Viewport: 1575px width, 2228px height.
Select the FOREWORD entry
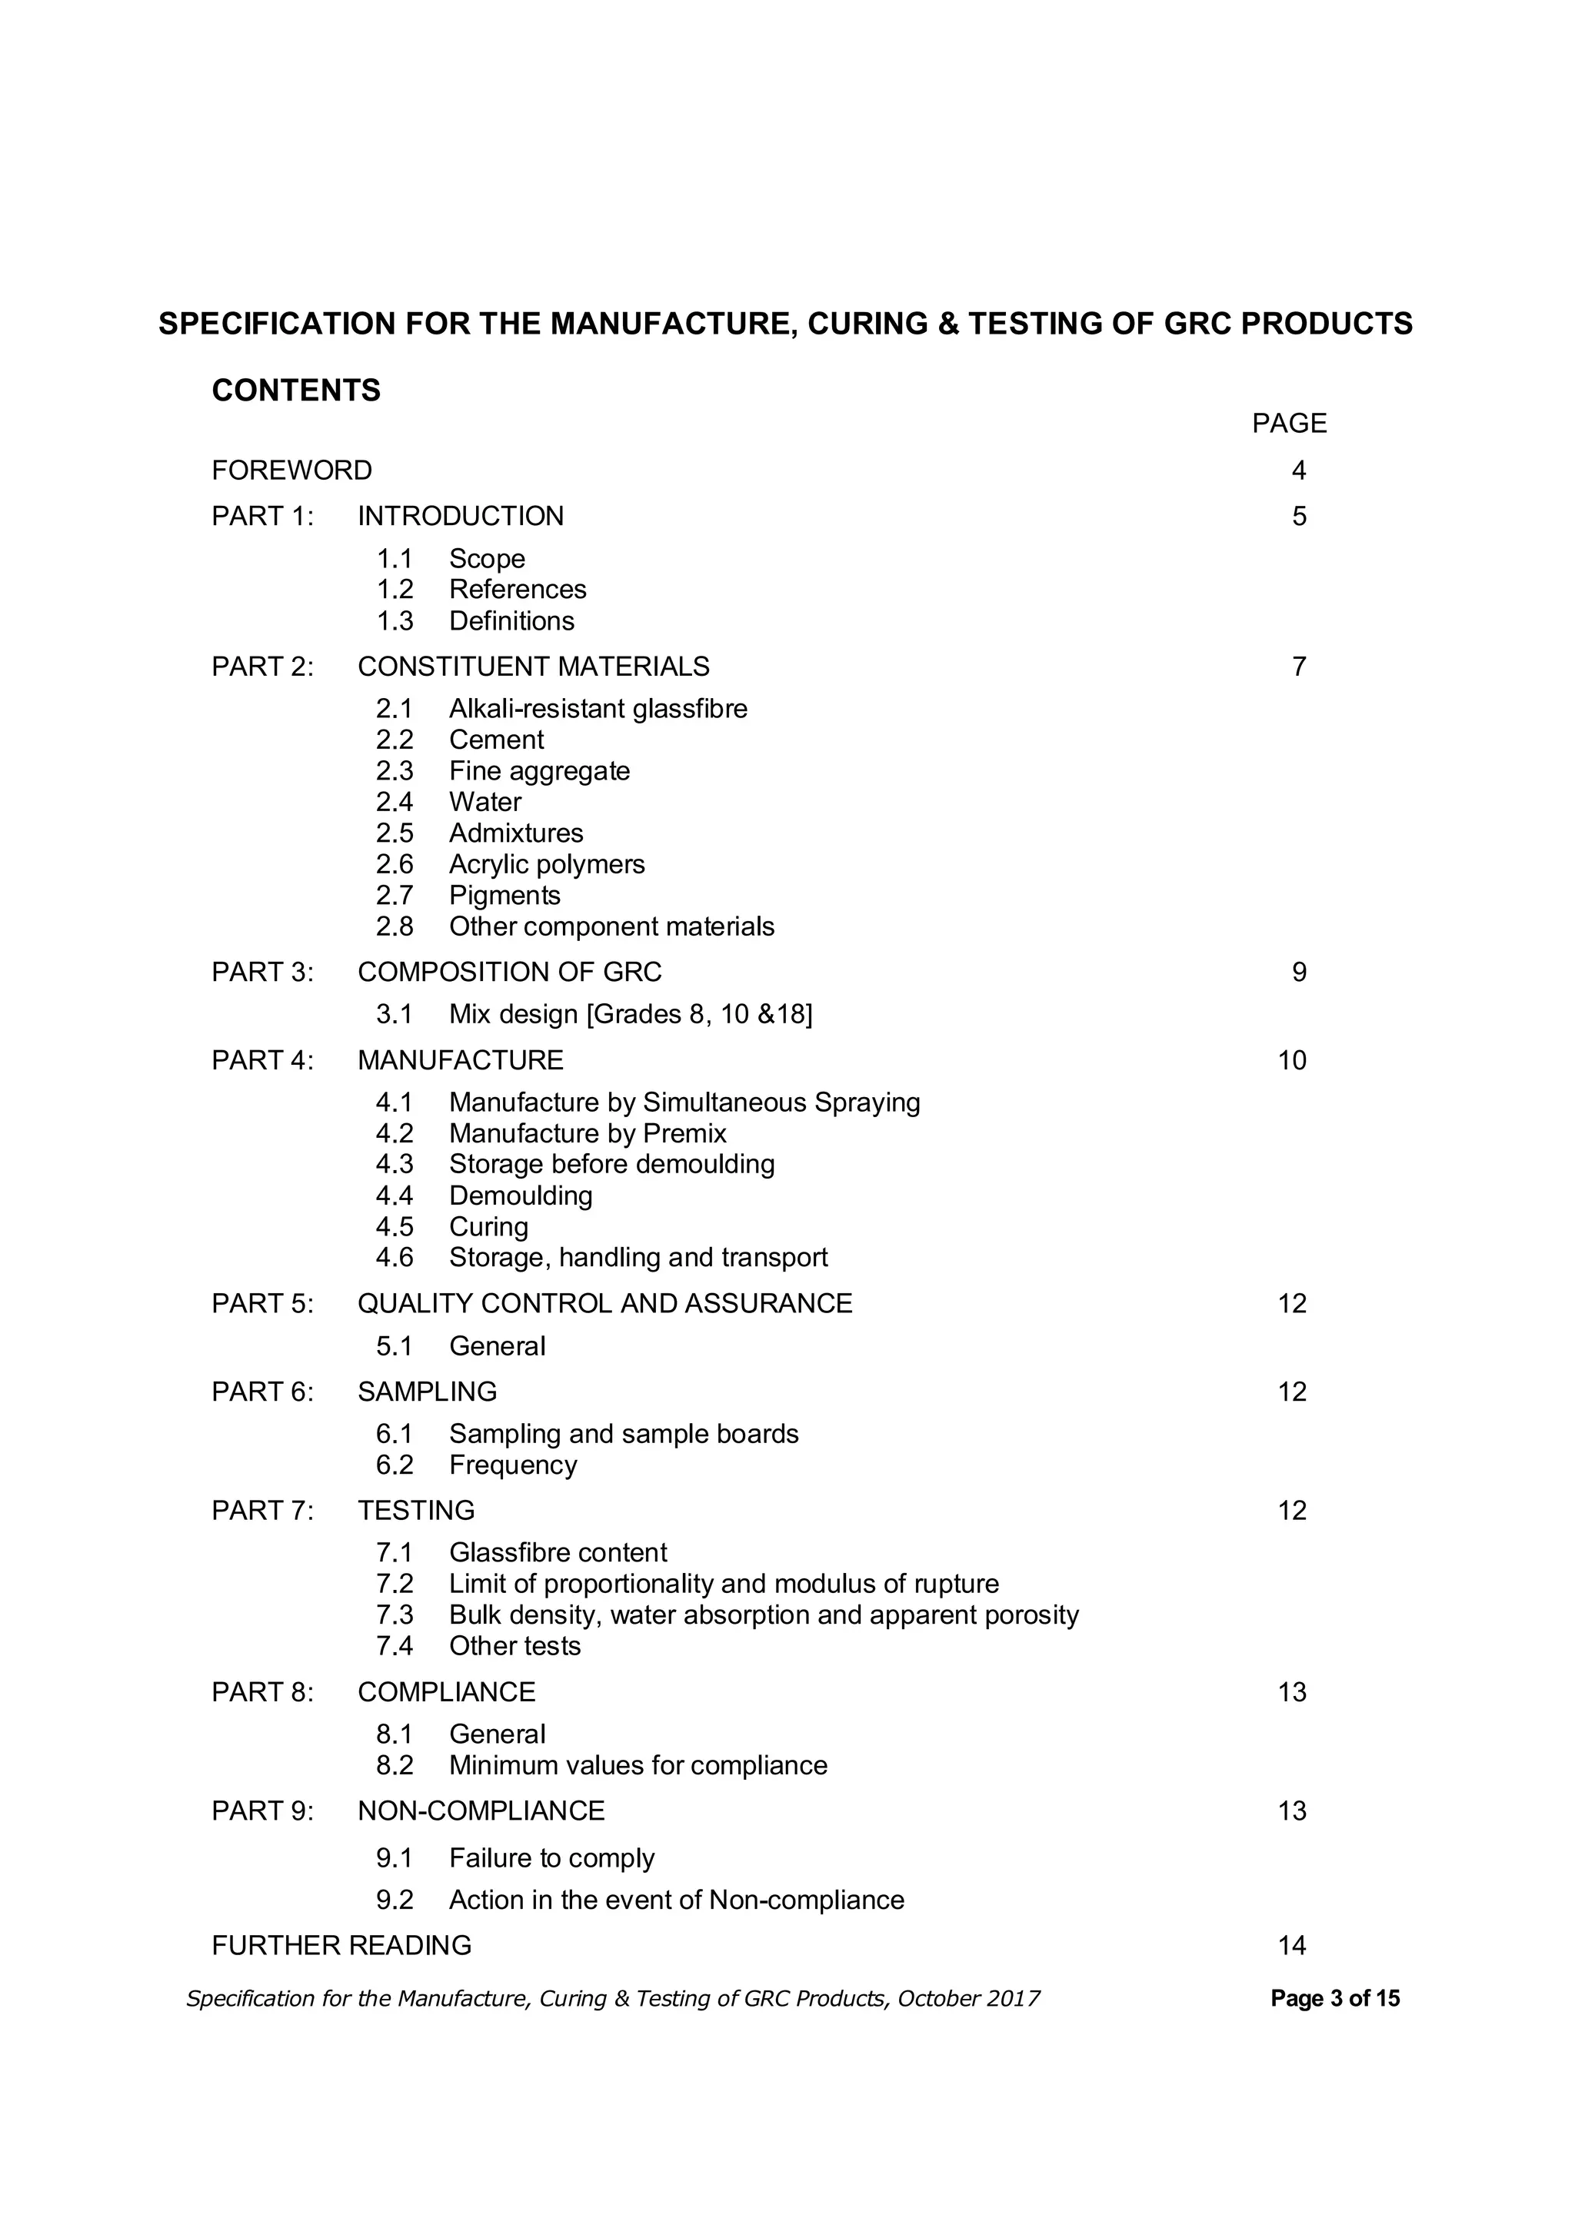[291, 471]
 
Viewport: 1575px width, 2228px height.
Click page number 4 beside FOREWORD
[1298, 471]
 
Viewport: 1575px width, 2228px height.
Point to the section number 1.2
[394, 589]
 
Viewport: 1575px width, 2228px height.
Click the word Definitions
[511, 621]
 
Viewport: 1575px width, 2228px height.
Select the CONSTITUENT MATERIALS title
[533, 667]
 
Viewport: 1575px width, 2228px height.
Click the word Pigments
[504, 895]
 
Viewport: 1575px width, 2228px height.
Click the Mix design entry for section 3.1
[631, 1014]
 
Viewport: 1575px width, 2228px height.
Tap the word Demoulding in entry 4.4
[520, 1195]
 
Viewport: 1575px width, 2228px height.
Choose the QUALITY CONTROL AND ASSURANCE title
[604, 1303]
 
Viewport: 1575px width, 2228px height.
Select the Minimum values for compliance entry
[638, 1765]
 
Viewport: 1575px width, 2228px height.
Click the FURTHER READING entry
[341, 1946]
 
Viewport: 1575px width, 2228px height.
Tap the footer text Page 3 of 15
[1335, 1998]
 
